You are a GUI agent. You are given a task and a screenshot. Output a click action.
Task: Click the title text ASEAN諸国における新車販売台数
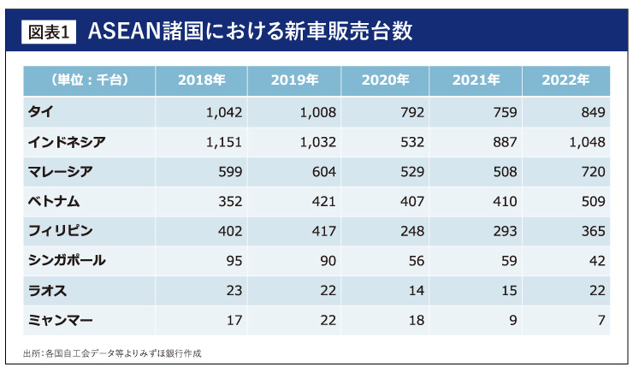248,32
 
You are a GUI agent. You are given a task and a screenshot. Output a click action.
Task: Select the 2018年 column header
201,80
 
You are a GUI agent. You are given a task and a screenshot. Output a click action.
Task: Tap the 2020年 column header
385,80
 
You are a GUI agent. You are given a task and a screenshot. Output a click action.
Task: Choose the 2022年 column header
566,80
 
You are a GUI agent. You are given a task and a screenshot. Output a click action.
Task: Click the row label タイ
41,112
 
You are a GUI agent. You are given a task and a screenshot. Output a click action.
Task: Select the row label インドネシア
67,141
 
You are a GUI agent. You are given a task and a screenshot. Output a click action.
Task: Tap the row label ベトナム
58,201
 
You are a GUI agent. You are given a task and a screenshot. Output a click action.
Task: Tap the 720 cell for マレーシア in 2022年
592,171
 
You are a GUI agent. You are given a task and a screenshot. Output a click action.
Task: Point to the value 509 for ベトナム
592,201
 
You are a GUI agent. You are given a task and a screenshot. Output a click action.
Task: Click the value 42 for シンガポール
596,260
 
